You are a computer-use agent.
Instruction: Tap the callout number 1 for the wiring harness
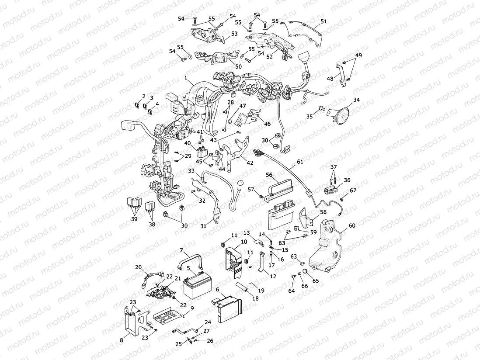point(186,79)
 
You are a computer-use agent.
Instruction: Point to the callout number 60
point(352,226)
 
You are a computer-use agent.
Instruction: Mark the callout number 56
point(269,174)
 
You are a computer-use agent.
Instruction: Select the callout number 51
point(323,21)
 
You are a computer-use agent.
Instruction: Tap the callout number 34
point(356,100)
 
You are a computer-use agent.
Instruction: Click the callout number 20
point(138,267)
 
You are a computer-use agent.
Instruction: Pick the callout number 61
point(299,162)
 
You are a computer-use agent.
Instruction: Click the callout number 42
point(250,163)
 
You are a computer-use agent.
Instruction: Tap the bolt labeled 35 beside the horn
point(322,107)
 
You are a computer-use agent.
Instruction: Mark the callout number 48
point(330,78)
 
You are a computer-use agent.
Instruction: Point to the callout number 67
point(353,190)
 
